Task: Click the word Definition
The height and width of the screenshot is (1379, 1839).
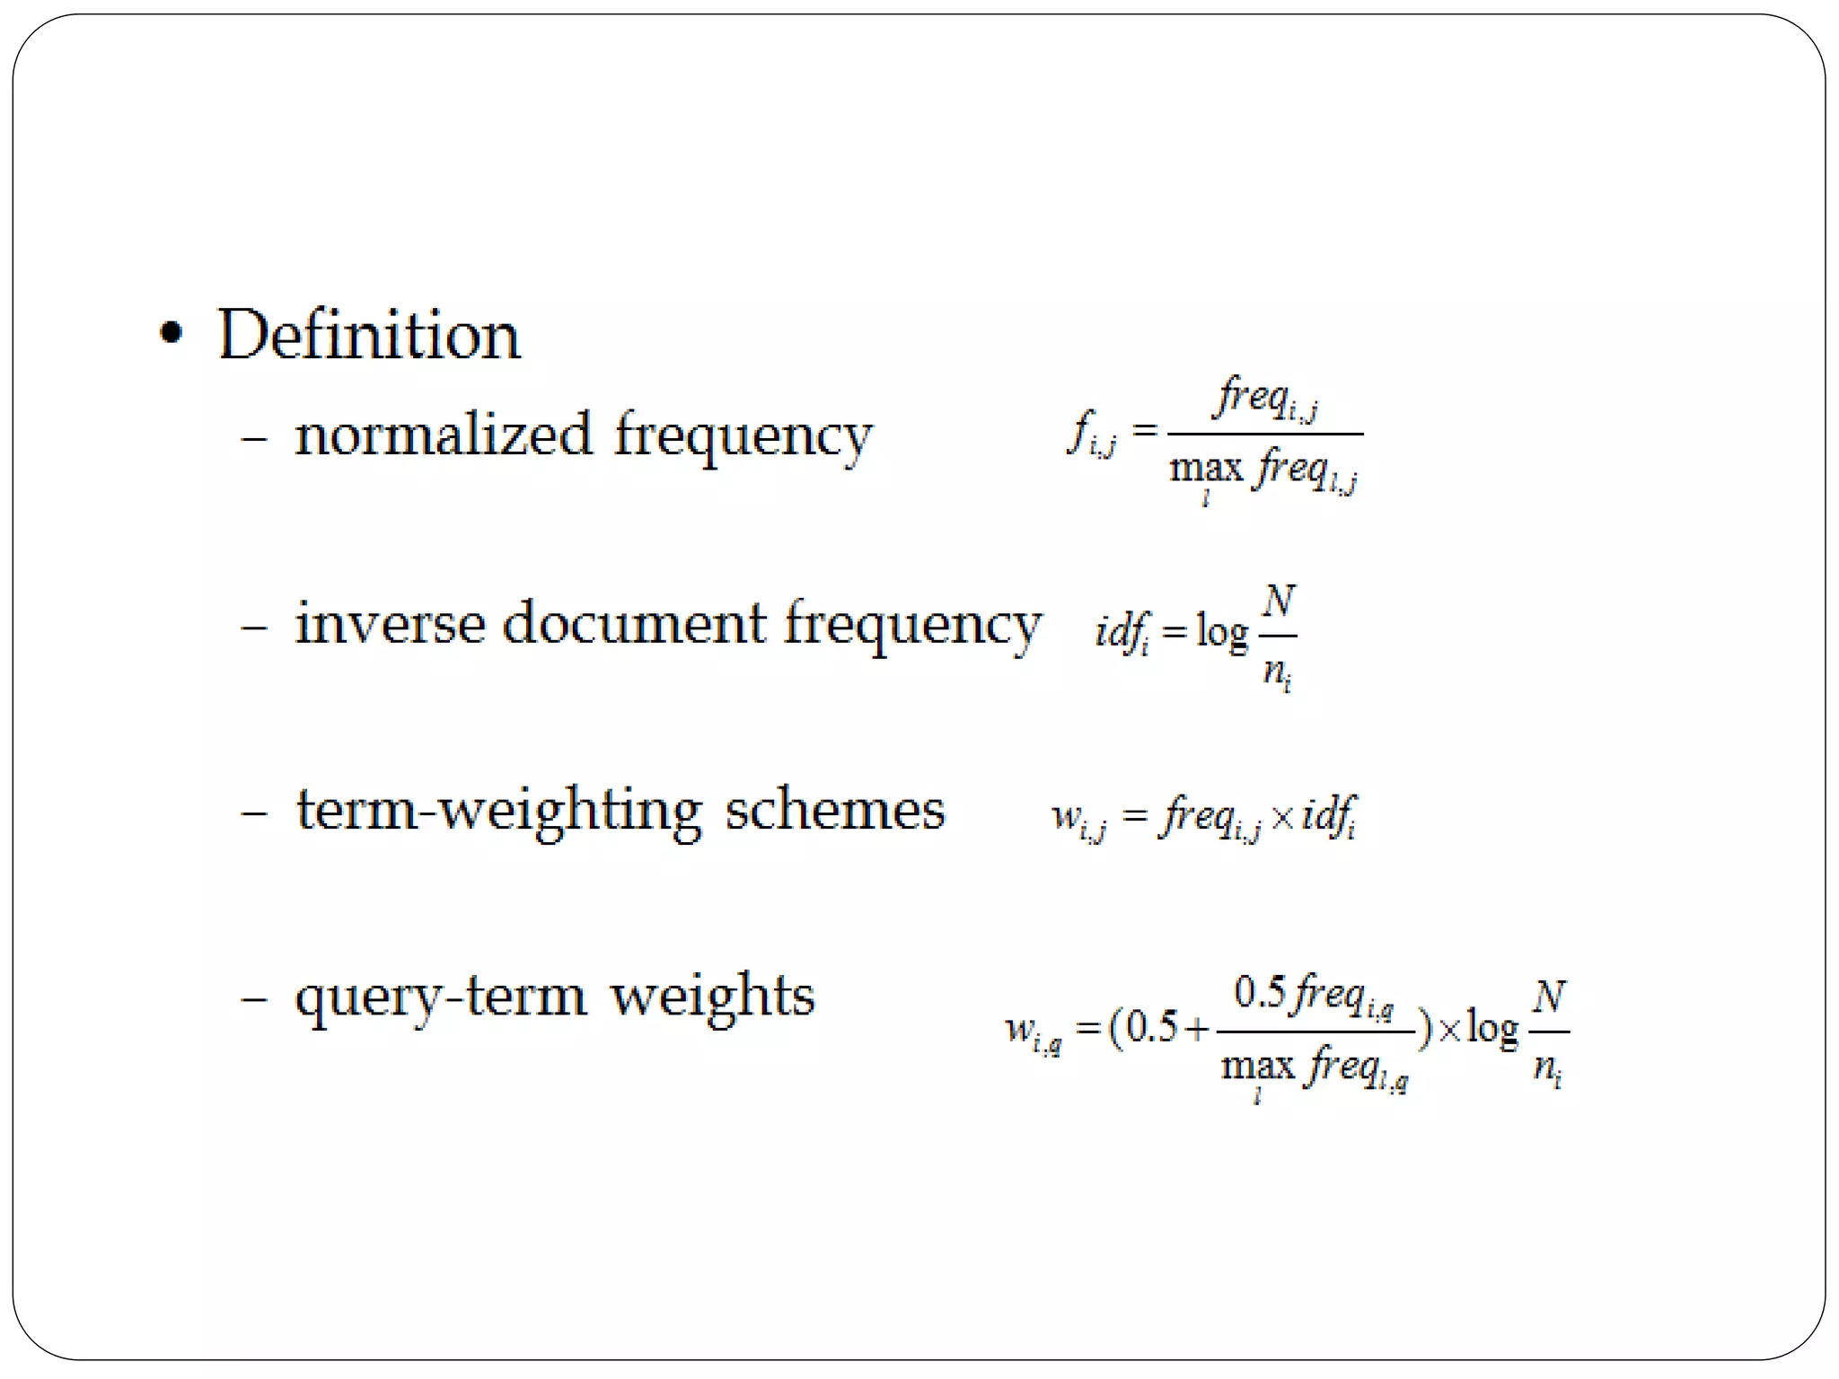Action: (x=368, y=335)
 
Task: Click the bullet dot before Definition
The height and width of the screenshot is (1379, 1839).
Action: (x=171, y=334)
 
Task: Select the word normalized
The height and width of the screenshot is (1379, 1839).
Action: (x=444, y=435)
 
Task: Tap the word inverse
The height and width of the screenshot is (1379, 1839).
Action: (x=391, y=623)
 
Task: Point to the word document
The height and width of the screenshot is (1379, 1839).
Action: (x=635, y=623)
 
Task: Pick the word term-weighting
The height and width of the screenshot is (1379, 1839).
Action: (x=499, y=812)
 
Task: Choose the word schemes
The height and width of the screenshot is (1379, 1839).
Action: (x=835, y=810)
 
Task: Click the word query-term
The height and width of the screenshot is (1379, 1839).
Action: (x=441, y=998)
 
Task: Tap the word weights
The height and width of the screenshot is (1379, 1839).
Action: (x=713, y=997)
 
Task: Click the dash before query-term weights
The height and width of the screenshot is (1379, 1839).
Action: (x=254, y=998)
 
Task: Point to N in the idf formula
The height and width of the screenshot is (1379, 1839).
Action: (x=1279, y=601)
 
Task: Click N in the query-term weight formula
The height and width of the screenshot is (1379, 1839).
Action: (x=1550, y=997)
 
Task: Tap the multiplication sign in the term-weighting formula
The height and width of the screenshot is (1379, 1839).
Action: (x=1282, y=817)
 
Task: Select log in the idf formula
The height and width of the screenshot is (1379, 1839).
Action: (x=1222, y=633)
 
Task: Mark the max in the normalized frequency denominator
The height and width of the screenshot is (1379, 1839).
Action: (x=1206, y=468)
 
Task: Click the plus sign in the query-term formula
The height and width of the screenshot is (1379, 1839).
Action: (x=1197, y=1029)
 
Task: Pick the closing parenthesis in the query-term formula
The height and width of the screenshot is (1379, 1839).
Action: (x=1424, y=1029)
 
